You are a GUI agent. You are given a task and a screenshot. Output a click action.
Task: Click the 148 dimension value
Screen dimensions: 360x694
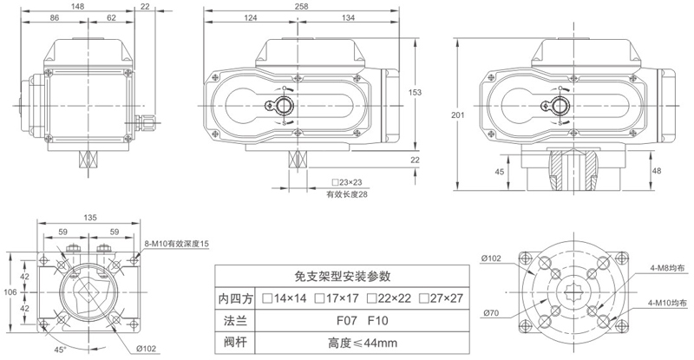point(79,6)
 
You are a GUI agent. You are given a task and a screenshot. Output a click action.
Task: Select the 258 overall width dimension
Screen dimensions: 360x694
point(301,6)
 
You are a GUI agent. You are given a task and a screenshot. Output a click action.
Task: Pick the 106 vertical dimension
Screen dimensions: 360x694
point(10,293)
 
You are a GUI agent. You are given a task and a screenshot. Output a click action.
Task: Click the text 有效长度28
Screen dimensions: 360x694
point(347,194)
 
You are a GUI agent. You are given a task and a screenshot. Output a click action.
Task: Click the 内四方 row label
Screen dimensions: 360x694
point(236,298)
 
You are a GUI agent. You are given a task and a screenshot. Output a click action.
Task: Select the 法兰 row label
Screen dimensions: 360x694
point(236,319)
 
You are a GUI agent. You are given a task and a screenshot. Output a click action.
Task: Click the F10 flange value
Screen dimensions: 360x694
point(376,319)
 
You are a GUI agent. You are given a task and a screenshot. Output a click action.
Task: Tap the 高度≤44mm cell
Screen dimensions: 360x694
point(355,340)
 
